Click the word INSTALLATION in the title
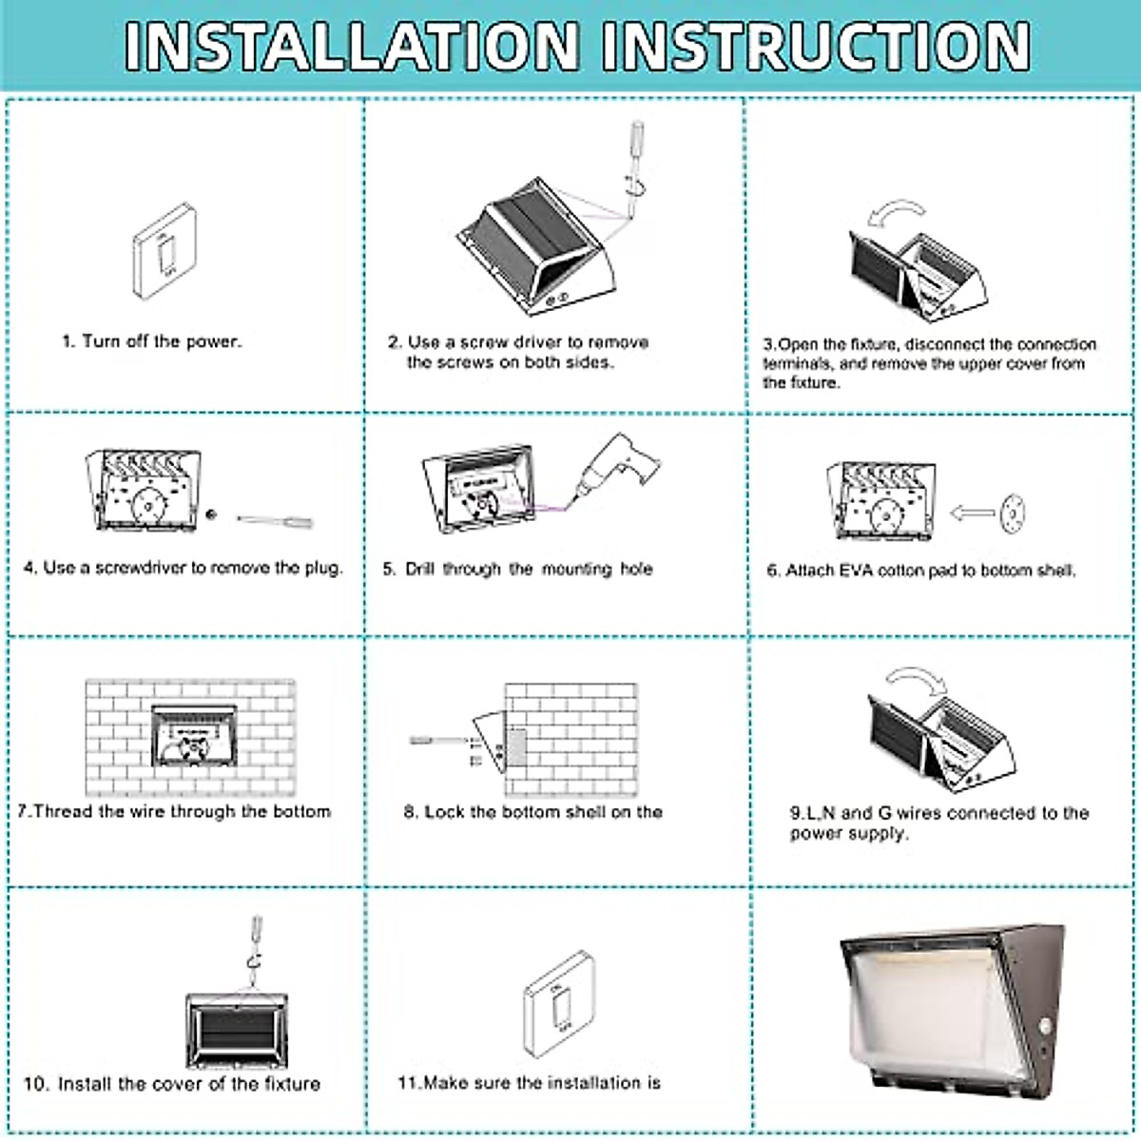(x=352, y=46)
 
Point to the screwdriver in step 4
(x=276, y=520)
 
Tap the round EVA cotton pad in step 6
(x=1013, y=513)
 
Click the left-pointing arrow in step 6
(x=972, y=514)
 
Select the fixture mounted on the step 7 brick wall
(x=194, y=737)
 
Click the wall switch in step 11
(x=559, y=1004)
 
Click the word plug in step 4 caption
(x=322, y=569)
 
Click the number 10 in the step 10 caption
(x=36, y=1084)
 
